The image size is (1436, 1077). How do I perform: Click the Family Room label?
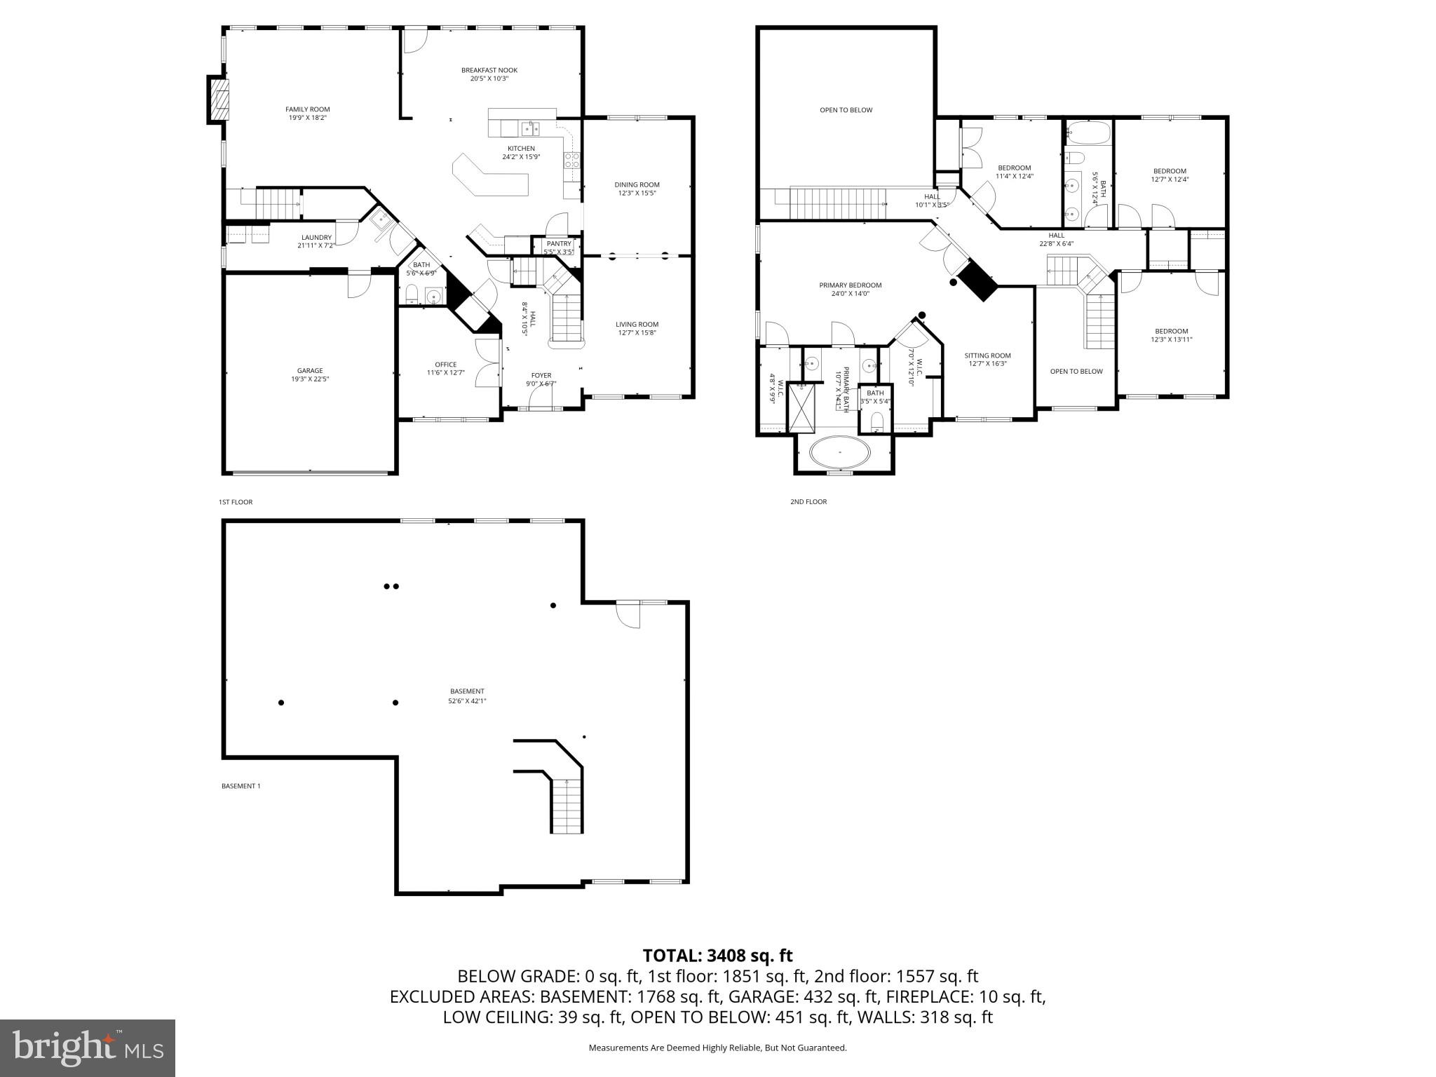coord(307,109)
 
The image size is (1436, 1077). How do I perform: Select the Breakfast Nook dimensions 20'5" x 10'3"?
coord(489,79)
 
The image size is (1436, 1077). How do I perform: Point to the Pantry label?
coord(559,243)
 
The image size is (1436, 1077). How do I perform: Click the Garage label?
coord(310,371)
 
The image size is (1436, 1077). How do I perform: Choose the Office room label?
coord(445,365)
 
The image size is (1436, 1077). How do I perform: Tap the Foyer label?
coord(541,376)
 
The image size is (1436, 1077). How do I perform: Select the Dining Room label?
coord(637,185)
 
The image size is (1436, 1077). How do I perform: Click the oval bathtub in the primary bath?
coord(839,452)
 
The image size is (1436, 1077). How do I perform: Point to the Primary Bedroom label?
coord(850,285)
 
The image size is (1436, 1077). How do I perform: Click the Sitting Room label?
coord(987,355)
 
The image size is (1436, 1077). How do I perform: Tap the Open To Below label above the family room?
coord(846,110)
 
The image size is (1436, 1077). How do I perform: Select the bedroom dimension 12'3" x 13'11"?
coord(1171,340)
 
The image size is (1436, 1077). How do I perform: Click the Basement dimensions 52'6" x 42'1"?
coord(467,700)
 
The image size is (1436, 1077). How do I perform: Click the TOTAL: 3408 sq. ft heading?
coord(717,956)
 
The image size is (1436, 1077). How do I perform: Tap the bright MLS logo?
coord(88,1048)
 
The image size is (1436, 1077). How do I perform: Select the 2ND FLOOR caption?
coord(808,502)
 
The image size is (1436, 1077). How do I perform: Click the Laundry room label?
coord(316,238)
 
